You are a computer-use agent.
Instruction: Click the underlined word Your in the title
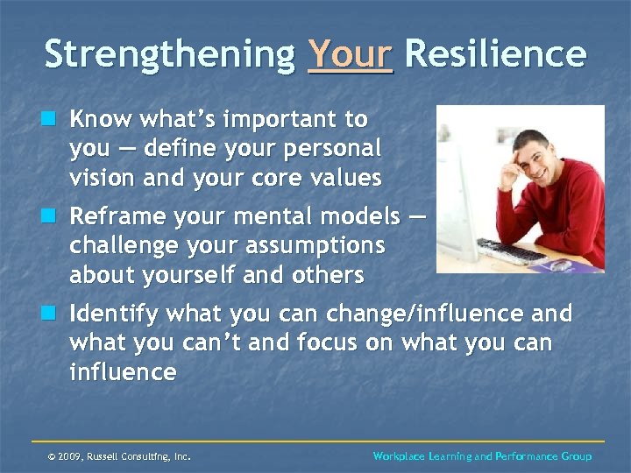[350, 54]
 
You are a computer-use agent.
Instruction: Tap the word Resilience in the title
[495, 54]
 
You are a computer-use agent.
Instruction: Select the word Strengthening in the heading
[170, 54]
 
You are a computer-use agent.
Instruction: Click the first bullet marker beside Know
[54, 118]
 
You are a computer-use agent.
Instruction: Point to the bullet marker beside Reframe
[54, 215]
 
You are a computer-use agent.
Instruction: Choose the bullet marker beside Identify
[54, 314]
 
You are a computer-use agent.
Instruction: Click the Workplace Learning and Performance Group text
[482, 456]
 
